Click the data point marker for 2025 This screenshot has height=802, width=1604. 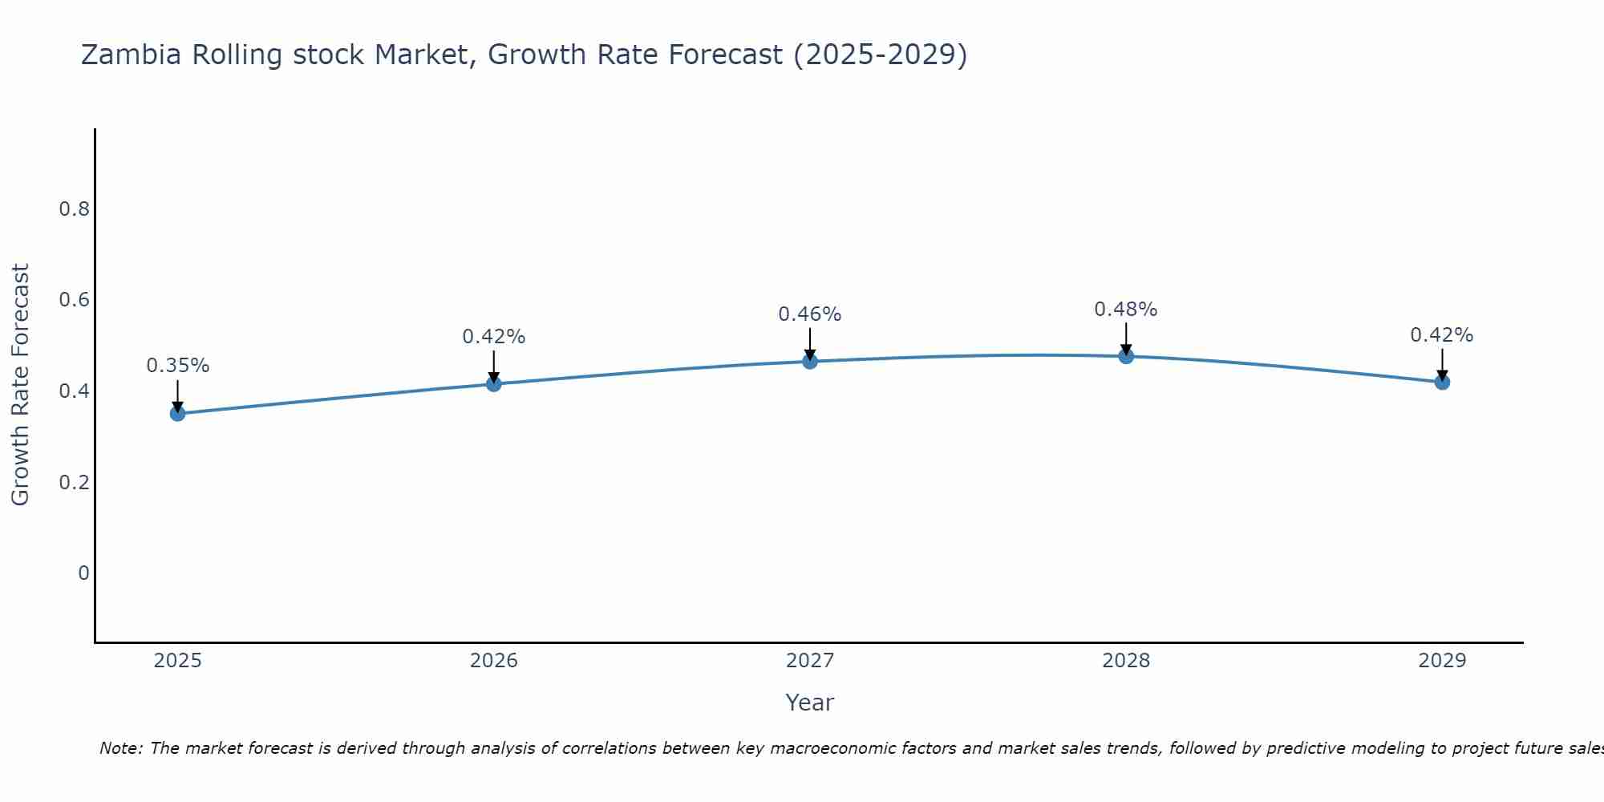(177, 414)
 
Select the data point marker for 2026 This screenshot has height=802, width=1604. (493, 384)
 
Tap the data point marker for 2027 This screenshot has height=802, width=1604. (810, 362)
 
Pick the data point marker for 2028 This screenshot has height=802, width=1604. (1126, 356)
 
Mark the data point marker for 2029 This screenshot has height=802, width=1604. (1442, 383)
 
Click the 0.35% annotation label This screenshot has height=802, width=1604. (177, 366)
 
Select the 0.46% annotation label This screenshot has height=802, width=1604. (810, 314)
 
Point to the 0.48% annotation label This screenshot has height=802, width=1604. (1126, 310)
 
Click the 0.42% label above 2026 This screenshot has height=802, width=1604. (493, 337)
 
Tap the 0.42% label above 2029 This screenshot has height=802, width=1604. (1442, 335)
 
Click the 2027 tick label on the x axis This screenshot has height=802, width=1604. (810, 661)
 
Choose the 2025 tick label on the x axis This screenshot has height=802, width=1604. (177, 661)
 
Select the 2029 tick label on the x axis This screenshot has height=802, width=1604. (1442, 661)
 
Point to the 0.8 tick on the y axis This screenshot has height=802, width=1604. (74, 209)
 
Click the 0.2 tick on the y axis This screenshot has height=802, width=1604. (74, 483)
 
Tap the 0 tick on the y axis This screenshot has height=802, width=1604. (83, 573)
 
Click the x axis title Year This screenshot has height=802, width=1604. (810, 703)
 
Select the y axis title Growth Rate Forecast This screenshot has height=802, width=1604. (20, 385)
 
